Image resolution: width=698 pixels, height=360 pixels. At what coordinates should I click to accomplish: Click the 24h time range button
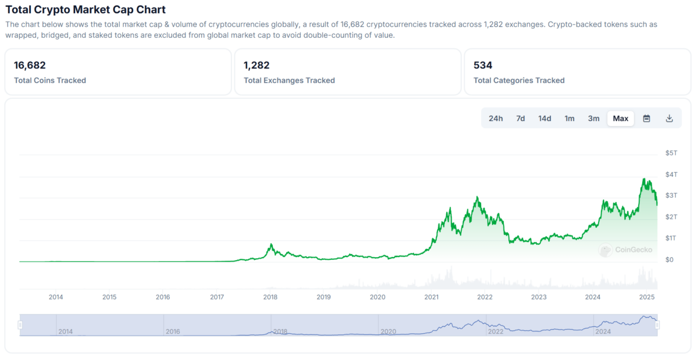click(496, 119)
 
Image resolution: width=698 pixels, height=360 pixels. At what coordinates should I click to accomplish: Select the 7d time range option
click(521, 119)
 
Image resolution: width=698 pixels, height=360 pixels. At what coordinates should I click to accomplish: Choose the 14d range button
click(544, 119)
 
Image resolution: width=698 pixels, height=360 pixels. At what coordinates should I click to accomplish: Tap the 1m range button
click(569, 119)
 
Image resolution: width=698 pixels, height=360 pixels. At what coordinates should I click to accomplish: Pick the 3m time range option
click(593, 119)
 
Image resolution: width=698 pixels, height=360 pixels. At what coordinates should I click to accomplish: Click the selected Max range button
click(621, 119)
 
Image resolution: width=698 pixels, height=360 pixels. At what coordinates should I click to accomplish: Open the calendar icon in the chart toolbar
click(646, 119)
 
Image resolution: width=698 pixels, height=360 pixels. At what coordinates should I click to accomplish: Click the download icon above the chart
click(669, 119)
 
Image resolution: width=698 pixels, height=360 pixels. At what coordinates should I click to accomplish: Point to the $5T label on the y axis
click(671, 153)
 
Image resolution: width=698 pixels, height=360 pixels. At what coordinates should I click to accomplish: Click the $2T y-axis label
click(671, 217)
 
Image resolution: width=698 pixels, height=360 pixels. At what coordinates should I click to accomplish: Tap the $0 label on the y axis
click(670, 259)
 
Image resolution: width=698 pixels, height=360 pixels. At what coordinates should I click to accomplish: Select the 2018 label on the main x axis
click(270, 297)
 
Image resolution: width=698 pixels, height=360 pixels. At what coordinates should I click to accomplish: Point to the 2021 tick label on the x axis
click(432, 297)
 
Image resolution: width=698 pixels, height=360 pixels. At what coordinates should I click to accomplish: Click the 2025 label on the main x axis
click(646, 297)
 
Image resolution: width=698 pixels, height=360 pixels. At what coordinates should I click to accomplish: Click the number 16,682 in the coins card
click(30, 65)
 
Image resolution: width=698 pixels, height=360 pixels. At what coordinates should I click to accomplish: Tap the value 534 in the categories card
click(483, 65)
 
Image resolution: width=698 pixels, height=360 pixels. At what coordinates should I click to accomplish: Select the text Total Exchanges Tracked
click(289, 80)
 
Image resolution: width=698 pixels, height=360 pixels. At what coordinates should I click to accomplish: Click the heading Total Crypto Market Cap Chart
click(86, 9)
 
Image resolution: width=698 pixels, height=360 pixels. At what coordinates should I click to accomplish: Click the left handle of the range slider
click(20, 325)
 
